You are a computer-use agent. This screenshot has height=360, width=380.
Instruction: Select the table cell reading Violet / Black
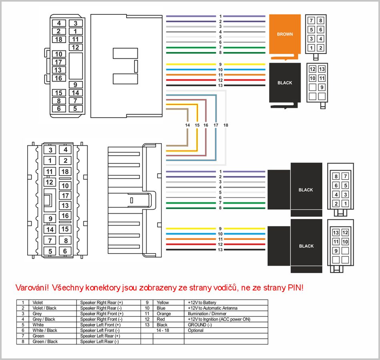[44, 308]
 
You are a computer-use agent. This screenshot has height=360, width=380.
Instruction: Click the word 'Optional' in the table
[195, 330]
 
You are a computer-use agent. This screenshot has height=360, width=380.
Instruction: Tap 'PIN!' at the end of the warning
[296, 288]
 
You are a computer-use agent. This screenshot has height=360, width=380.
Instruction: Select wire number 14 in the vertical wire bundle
[187, 125]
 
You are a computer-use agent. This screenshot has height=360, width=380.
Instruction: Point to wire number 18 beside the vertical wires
[226, 125]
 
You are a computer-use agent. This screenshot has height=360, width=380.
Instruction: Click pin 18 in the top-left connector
[58, 39]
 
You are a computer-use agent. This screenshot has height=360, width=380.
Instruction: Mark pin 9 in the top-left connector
[75, 85]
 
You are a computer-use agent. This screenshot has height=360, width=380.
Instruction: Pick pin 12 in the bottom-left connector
[50, 182]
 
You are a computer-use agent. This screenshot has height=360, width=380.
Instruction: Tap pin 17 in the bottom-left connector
[65, 196]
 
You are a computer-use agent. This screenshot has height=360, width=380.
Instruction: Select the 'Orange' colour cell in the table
[164, 314]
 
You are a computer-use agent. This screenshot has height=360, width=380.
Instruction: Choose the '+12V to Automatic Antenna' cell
[212, 308]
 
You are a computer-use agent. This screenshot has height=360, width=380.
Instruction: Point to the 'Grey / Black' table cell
[44, 319]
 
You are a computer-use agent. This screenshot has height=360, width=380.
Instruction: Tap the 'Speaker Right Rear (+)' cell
[101, 302]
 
